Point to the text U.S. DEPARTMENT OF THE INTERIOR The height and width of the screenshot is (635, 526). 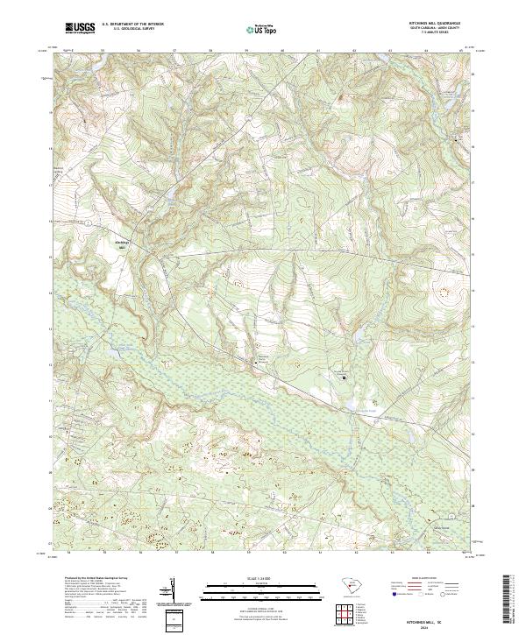click(132, 25)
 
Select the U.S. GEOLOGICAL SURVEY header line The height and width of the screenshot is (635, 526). click(132, 29)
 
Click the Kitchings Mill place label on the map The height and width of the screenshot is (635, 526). click(123, 243)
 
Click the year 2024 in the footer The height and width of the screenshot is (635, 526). click(437, 625)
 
